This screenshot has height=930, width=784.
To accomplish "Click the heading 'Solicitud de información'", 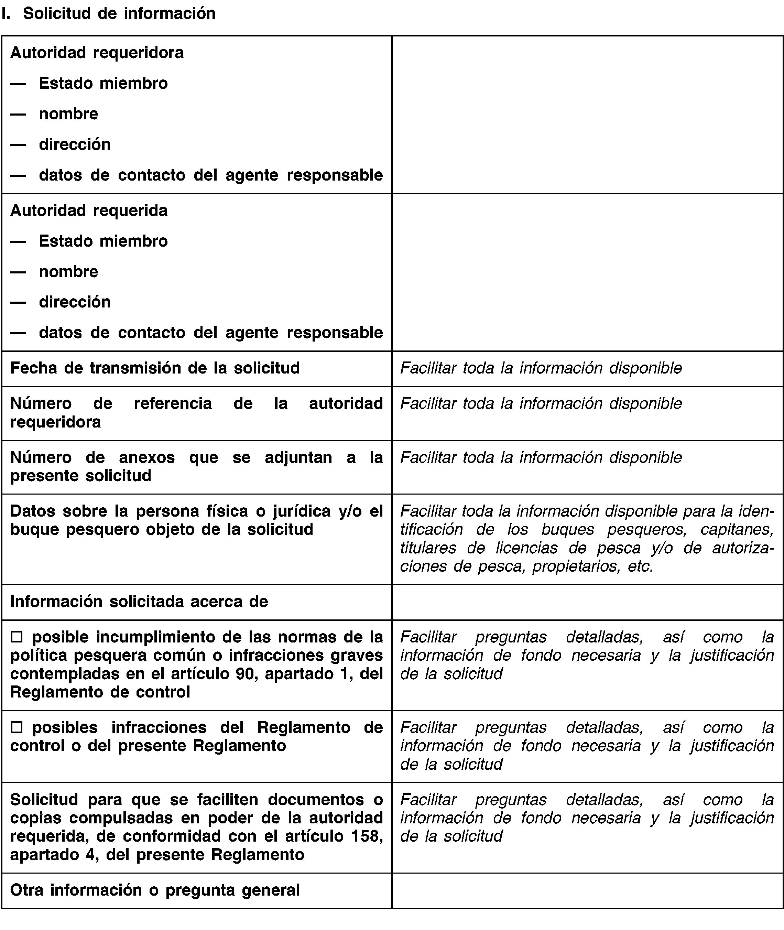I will (119, 14).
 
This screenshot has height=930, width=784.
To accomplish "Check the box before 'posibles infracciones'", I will (17, 728).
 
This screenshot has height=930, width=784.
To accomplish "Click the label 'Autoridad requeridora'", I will (97, 53).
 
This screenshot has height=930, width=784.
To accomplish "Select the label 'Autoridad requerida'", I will (89, 210).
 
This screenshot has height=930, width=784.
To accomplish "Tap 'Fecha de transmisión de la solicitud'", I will (155, 368).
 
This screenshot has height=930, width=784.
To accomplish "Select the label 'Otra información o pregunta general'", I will (155, 890).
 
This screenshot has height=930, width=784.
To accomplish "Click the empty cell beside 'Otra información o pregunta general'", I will (587, 890).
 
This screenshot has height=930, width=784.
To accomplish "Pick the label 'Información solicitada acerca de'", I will (139, 602).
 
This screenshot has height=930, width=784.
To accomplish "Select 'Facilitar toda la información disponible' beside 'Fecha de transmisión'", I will (541, 368).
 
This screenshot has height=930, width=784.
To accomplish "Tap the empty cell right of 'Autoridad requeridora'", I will (587, 114).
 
